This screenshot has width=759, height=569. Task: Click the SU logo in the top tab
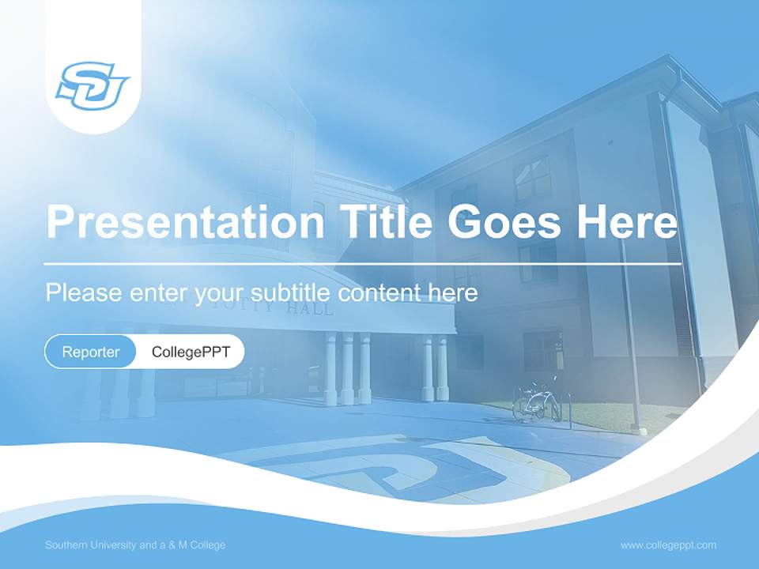pos(93,85)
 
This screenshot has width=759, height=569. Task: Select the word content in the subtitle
pos(379,293)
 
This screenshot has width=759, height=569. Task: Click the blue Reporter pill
pos(91,352)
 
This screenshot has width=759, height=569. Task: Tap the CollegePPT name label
pos(191,352)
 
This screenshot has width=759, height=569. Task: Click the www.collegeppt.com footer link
pos(668,545)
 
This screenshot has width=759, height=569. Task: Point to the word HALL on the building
pos(310,309)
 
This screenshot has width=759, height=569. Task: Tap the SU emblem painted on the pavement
pos(395,466)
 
